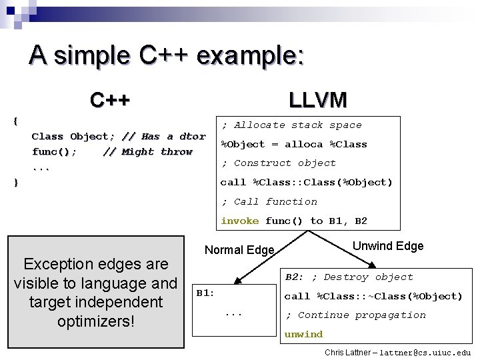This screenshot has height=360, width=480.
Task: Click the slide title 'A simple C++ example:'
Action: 166,54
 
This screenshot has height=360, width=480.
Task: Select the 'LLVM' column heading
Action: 318,100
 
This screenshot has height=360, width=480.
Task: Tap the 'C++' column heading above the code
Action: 110,101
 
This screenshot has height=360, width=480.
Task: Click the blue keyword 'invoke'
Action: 239,221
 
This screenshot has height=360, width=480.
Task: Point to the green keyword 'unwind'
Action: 303,334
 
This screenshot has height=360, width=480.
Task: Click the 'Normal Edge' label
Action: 239,250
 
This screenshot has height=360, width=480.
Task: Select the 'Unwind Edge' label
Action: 388,246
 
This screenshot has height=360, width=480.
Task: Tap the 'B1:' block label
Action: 205,293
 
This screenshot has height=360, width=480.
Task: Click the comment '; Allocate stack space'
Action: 291,125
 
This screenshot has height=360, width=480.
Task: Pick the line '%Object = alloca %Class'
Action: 294,144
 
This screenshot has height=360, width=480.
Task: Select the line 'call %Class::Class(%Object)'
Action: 307,182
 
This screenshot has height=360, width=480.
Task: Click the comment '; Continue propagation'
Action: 355,315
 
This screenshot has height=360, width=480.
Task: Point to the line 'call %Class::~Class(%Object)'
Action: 373,296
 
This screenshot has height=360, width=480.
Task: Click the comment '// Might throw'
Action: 148,152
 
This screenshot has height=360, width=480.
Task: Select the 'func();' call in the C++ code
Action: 54,152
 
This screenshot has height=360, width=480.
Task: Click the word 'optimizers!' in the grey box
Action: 96,321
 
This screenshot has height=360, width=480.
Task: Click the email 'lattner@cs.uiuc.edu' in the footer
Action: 425,352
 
